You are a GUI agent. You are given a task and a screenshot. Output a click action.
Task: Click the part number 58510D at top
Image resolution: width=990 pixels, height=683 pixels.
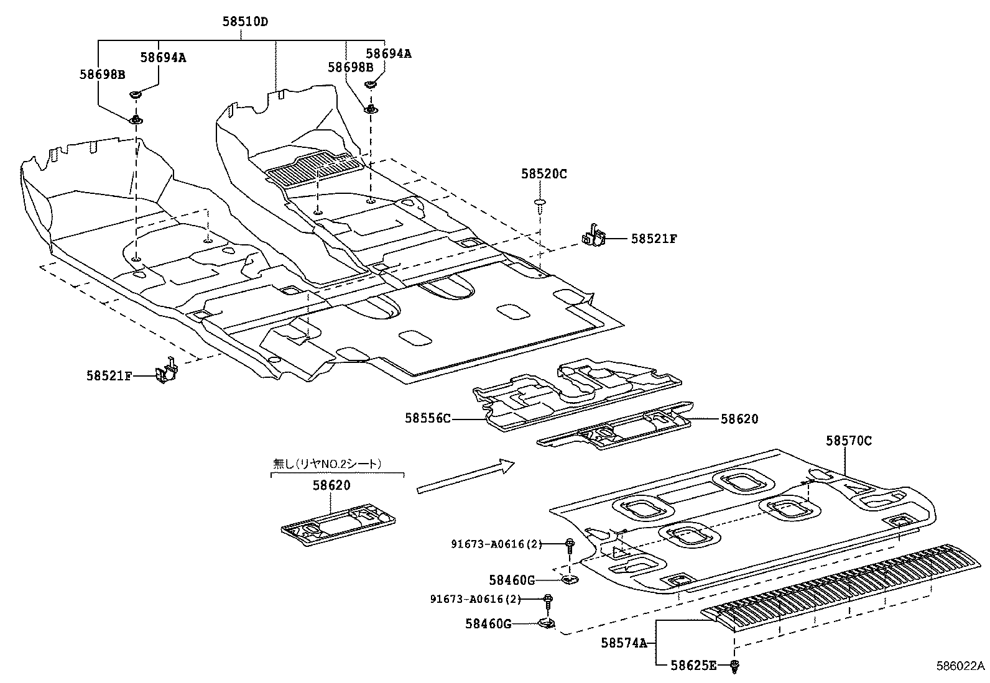point(245,22)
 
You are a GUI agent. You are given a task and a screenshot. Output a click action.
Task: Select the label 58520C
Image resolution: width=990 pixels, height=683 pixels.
point(544,175)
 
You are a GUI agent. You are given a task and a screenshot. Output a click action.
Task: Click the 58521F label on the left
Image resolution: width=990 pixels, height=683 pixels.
point(109,375)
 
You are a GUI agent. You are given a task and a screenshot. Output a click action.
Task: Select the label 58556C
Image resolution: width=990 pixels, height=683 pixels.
point(427,419)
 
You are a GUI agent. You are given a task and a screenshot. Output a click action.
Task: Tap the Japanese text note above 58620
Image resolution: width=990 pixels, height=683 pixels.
point(328,463)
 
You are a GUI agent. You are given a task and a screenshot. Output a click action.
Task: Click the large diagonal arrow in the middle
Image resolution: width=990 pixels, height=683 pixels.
point(466,477)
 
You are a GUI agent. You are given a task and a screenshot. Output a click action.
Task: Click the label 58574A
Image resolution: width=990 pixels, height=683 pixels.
point(624,643)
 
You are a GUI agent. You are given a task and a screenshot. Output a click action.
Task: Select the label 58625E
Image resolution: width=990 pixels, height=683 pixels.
point(693,666)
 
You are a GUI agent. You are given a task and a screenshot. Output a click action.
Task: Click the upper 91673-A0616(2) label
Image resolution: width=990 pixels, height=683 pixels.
point(496,544)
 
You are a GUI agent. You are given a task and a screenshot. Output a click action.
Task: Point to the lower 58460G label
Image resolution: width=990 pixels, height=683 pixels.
point(488,623)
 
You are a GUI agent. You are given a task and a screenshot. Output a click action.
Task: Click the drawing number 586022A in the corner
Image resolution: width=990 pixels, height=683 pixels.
point(960,666)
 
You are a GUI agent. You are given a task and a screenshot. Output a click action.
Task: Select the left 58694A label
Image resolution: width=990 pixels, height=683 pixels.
point(163,58)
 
